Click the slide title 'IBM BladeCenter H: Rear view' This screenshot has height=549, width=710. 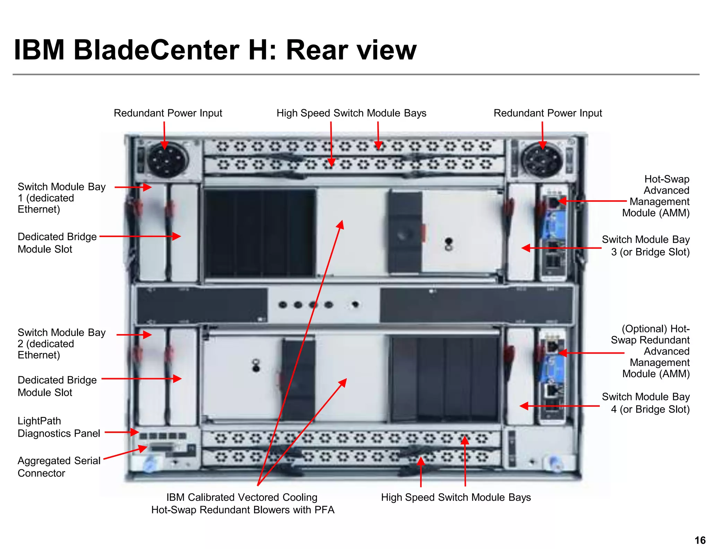215,50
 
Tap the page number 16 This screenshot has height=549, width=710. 700,540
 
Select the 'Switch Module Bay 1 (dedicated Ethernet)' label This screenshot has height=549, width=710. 61,198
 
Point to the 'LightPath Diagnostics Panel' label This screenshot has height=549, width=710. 59,427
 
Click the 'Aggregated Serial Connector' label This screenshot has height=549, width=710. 59,467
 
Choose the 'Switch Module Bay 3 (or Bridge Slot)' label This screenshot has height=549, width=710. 646,245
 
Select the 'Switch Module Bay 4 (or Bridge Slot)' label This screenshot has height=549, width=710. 646,403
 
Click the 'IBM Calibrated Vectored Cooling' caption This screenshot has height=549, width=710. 242,497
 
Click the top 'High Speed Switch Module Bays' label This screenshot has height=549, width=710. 351,113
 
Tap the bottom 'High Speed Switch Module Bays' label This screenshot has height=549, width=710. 456,497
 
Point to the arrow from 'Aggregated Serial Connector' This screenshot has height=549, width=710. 125,453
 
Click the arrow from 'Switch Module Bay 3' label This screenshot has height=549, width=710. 562,248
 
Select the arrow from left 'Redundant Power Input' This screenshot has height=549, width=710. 164,135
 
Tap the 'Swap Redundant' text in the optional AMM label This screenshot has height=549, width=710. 650,340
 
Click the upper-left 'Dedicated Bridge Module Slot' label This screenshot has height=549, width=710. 57,243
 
